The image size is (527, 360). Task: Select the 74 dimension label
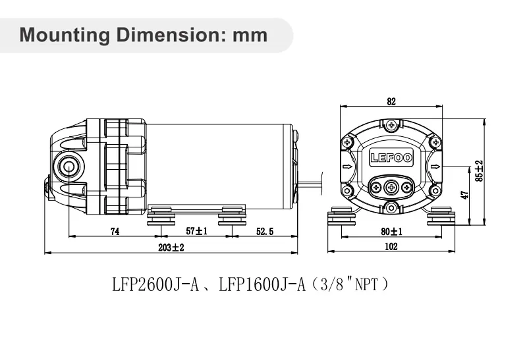click(115, 231)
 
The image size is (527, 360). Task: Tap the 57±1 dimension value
click(196, 231)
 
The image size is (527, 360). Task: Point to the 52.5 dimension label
click(266, 231)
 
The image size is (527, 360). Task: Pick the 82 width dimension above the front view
click(391, 101)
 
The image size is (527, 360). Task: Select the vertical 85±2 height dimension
click(479, 171)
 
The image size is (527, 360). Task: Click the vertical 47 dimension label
click(464, 195)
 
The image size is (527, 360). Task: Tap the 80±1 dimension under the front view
click(391, 231)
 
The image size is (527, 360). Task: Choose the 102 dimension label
click(391, 247)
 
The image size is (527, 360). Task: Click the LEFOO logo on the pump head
click(391, 157)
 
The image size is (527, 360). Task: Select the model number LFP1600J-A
click(262, 285)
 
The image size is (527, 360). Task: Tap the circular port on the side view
click(68, 167)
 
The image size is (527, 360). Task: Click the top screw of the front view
click(391, 125)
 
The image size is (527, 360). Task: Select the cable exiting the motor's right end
click(313, 181)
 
